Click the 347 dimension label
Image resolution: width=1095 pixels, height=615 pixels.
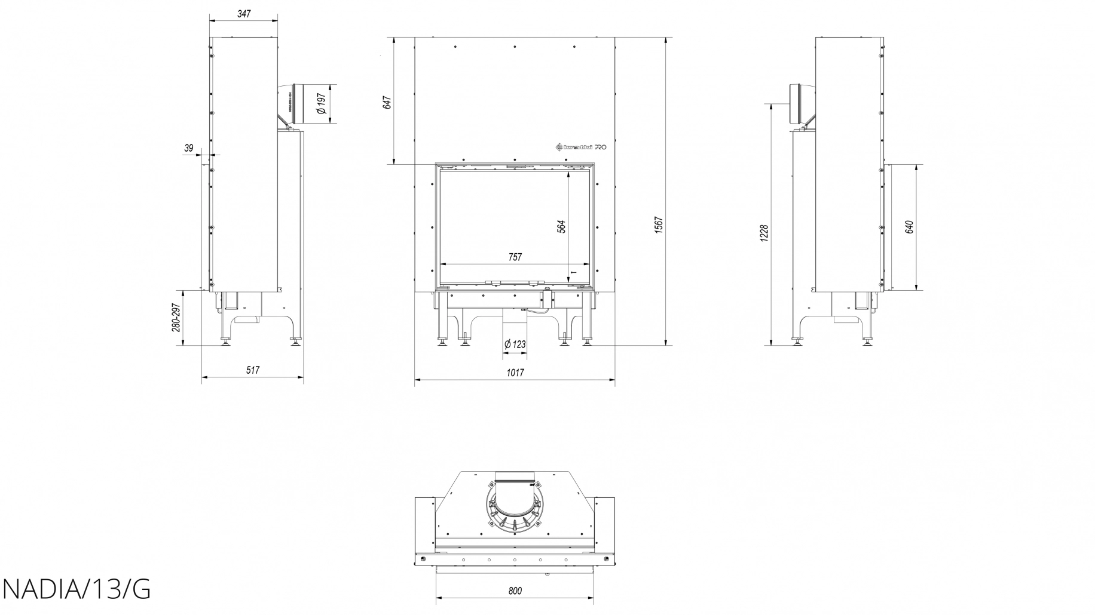coord(243,13)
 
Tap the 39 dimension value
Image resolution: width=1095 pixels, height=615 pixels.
coord(189,148)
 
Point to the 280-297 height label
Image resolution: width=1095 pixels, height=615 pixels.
coord(176,318)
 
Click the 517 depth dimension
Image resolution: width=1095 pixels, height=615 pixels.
coord(252,370)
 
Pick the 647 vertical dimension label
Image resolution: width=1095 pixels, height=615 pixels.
coord(387,102)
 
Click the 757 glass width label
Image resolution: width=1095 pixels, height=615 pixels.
coord(515,257)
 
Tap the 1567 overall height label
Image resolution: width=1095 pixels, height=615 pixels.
coord(659,225)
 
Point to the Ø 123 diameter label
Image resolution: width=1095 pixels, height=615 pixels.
coord(515,345)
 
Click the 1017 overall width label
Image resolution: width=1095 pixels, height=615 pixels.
coord(515,373)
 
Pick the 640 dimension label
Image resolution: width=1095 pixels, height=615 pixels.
coord(909,227)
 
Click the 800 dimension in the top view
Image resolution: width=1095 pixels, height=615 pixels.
coord(515,591)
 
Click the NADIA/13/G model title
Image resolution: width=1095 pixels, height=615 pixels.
coord(76,590)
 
